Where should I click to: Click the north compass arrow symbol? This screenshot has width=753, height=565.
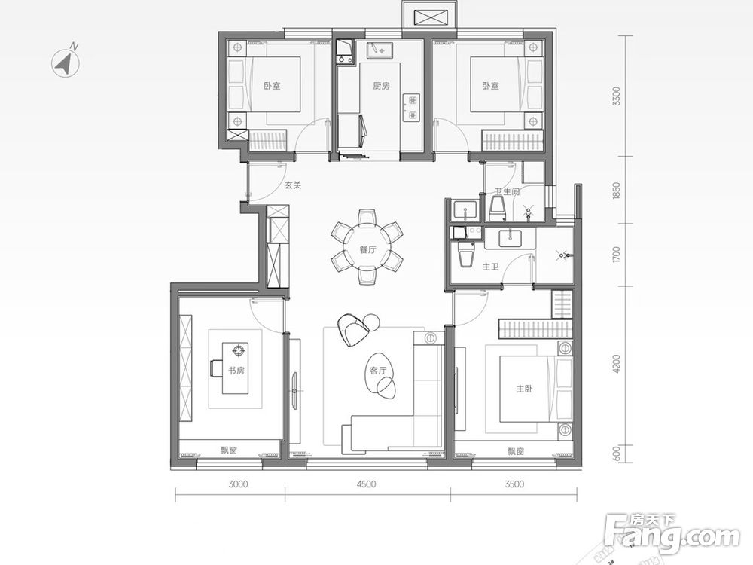coord(66,63)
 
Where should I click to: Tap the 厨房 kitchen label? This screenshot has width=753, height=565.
coord(381,86)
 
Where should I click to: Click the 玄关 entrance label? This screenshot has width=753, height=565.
coord(293,185)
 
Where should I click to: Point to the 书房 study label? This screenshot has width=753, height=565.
coord(236,371)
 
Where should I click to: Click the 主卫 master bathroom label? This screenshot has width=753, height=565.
coord(490,267)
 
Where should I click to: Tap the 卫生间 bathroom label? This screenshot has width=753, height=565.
coord(507,191)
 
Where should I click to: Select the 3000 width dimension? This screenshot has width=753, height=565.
coord(238,484)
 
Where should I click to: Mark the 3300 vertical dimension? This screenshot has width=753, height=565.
coord(617,96)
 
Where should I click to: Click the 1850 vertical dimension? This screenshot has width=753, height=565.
coord(617,191)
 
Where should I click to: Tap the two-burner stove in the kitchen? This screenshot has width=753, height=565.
coord(413,108)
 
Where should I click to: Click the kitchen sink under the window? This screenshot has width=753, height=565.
coord(380,49)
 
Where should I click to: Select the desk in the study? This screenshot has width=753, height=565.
coord(235,368)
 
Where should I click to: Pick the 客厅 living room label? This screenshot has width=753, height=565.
coord(378,371)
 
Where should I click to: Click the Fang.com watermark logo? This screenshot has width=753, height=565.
coord(672,533)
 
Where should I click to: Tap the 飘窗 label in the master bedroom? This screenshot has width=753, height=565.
coord(515,451)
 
